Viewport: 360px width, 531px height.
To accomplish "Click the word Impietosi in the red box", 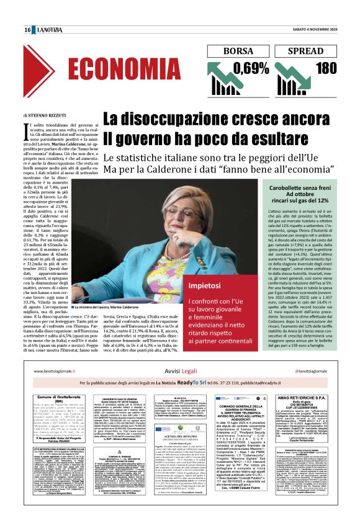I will pos(205,285).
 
